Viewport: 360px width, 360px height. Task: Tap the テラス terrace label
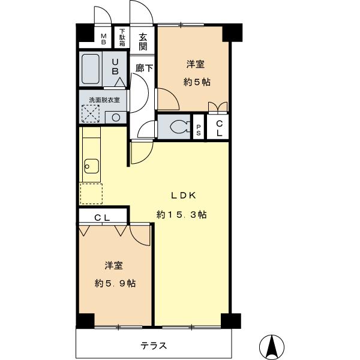pos(154,346)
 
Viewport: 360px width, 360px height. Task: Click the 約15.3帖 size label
pos(182,214)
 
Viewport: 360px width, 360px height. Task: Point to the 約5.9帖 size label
pos(115,283)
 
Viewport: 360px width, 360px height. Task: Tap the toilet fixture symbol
pos(178,127)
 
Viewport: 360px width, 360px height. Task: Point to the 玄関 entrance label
pos(143,41)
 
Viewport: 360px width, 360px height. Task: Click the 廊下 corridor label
pos(143,68)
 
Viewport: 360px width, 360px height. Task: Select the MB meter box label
pos(103,39)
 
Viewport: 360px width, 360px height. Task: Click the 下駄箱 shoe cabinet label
pos(122,38)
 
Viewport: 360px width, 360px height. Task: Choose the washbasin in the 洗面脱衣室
pos(115,117)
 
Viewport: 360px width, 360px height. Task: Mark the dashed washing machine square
pos(90,114)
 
